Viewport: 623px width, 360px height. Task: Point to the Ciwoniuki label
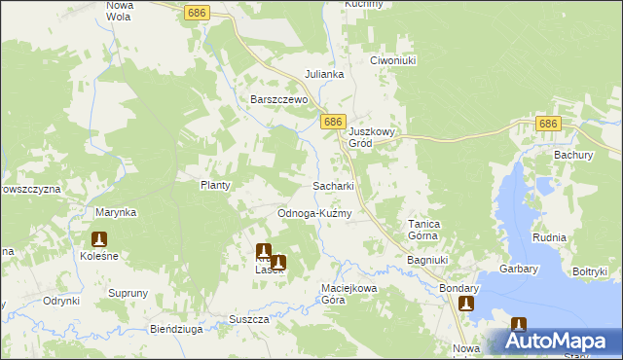[x=393, y=60]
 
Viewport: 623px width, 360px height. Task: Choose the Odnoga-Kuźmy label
[x=313, y=213]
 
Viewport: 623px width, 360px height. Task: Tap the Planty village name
[x=214, y=185]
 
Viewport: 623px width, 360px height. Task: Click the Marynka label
[x=115, y=212]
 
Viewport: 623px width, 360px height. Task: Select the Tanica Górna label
[x=423, y=230]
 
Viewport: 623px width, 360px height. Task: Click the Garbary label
[x=521, y=265]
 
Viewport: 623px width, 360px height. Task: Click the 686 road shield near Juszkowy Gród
[x=333, y=122]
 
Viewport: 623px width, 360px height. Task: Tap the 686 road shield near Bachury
[x=549, y=124]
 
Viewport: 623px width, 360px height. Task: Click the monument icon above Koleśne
[x=99, y=238]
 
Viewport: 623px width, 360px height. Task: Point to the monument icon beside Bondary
[x=466, y=305]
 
